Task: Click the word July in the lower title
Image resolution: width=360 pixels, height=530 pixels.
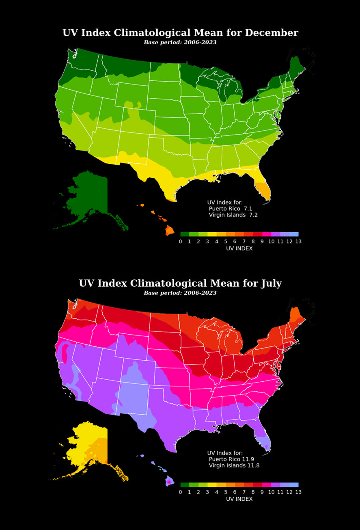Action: [269, 283]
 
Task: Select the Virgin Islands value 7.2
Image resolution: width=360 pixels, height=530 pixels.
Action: [253, 214]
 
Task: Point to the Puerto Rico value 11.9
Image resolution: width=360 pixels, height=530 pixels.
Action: [252, 459]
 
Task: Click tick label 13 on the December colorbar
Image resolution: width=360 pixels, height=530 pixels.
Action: [298, 241]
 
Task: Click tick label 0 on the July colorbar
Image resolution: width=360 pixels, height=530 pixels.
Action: [180, 492]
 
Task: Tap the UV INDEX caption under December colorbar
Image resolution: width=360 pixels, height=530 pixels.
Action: [239, 248]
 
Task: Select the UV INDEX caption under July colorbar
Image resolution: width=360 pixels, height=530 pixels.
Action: [239, 499]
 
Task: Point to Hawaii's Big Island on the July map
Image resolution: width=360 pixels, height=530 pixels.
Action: [169, 481]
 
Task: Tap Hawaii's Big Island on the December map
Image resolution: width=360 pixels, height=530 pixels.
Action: [169, 231]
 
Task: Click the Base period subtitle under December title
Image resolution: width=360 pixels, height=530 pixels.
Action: [180, 42]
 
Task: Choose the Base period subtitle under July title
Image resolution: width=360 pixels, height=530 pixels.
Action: [180, 293]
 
